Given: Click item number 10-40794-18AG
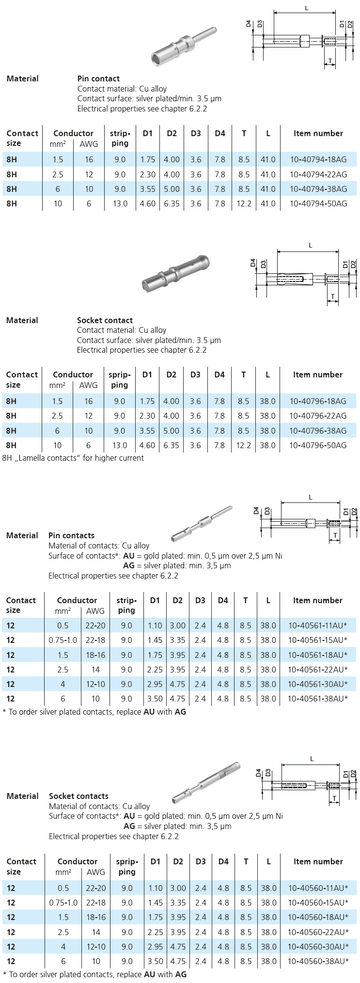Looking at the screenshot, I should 318,159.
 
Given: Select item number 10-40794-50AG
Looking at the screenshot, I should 318,203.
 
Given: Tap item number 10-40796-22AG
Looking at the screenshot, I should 318,416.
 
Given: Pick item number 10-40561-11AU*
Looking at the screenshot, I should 317,625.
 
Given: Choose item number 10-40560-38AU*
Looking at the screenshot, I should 318,961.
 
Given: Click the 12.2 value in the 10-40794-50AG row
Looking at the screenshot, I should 244,203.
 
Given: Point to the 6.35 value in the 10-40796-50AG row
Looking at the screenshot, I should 171,445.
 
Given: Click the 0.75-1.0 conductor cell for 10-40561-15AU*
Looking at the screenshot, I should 63,640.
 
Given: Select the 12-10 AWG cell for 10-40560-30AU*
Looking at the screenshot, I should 95,947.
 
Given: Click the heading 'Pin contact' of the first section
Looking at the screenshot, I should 98,78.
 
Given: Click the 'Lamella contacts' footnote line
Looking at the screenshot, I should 73,458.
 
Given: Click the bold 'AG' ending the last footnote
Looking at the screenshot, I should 181,974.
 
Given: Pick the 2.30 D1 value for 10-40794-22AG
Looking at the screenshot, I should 148,174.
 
